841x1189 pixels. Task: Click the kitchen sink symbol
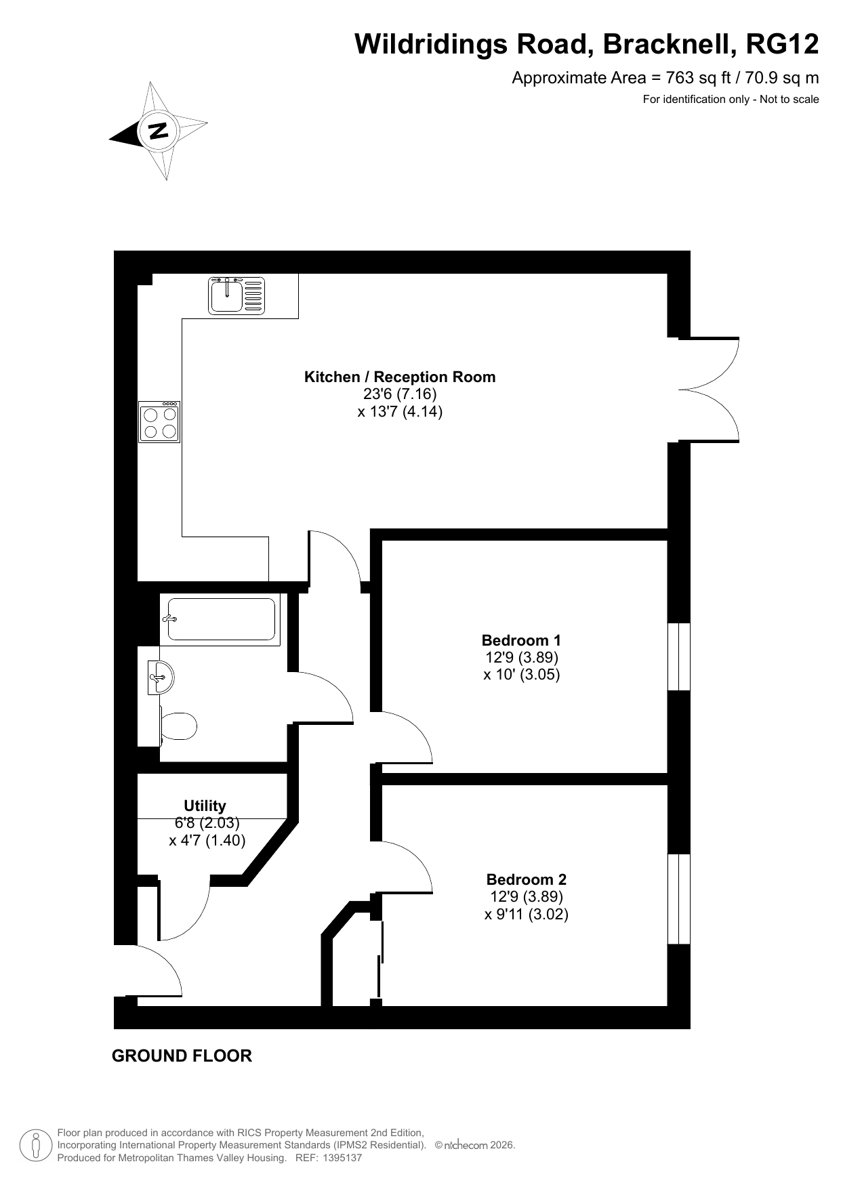(237, 295)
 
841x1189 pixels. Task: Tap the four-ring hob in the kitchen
(159, 421)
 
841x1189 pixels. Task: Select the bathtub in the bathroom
(220, 620)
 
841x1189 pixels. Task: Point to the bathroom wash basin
(161, 677)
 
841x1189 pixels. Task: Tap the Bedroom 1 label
(521, 640)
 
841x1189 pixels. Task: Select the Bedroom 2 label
(527, 879)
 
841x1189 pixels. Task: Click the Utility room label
(205, 806)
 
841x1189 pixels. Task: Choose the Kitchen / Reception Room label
(400, 377)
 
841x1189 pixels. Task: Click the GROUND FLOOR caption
(182, 1056)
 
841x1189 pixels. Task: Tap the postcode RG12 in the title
(782, 45)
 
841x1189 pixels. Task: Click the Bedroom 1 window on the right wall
(679, 656)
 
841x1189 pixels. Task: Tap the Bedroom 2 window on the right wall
(679, 899)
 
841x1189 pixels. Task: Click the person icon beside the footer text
(37, 1145)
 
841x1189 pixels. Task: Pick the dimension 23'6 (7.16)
(400, 394)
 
